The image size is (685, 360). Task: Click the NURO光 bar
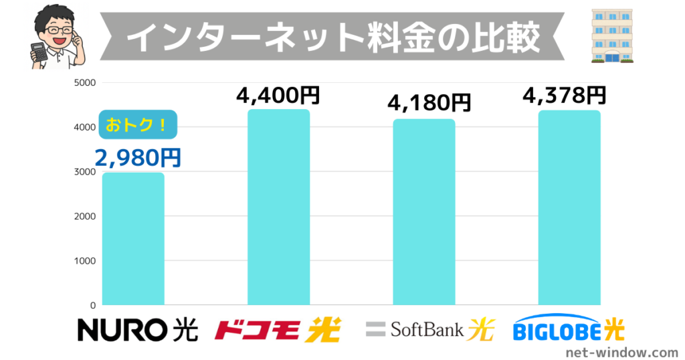coord(133,239)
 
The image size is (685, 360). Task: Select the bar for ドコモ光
coord(278,207)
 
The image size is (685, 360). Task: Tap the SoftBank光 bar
coord(424,212)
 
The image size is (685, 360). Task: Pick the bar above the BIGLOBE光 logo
coord(569,208)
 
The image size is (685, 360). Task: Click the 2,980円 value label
coord(138,157)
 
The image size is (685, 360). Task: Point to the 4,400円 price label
coord(278,95)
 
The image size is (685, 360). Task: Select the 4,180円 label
coord(429,104)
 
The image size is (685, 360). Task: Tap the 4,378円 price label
coord(565,95)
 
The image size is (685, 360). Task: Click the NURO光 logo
coord(138,329)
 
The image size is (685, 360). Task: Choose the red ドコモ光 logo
coord(278,329)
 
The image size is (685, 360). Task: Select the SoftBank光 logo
coord(429,329)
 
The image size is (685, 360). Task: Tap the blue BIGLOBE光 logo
coord(569,329)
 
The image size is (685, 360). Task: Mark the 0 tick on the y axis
coord(93,305)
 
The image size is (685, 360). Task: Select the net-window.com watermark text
coord(621,351)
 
